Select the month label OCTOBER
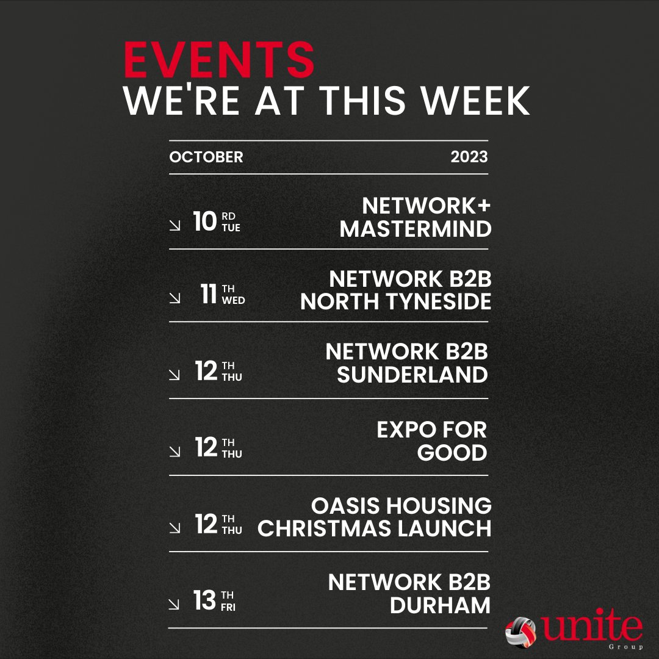click(206, 157)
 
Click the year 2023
click(469, 157)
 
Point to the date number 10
click(205, 222)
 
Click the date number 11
click(209, 295)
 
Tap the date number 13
click(205, 600)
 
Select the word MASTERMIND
click(416, 229)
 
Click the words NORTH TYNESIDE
click(395, 302)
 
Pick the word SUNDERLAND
click(412, 375)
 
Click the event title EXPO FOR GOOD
click(432, 441)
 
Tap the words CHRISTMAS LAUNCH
click(375, 528)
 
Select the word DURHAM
click(440, 605)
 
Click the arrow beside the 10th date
click(175, 226)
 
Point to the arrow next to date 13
click(175, 604)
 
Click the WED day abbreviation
click(234, 301)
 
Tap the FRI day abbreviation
click(228, 607)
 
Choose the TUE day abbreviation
click(232, 228)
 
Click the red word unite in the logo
click(591, 628)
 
